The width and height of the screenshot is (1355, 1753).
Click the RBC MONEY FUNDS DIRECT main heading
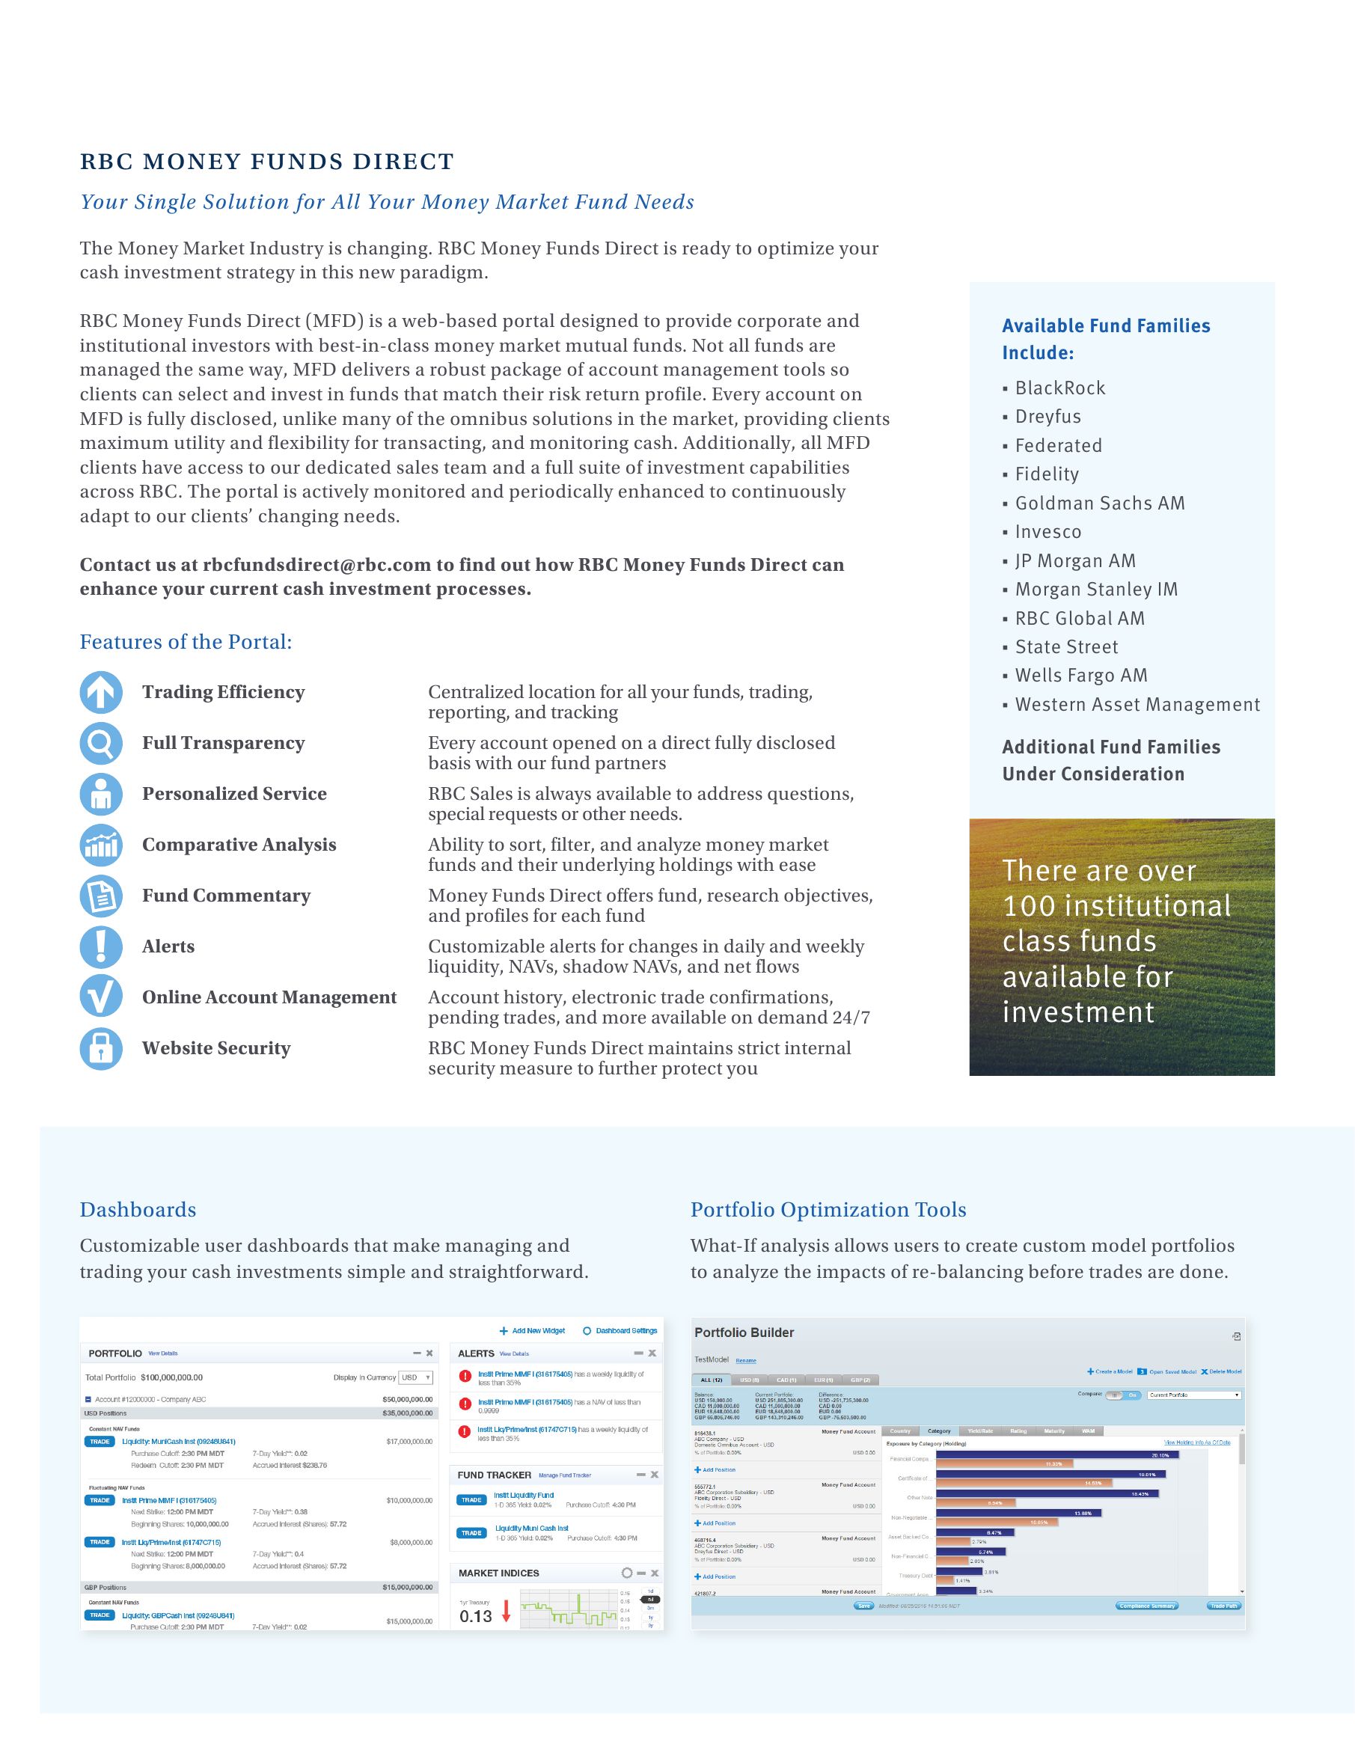pos(266,162)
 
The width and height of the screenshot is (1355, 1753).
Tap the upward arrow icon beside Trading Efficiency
pos(101,692)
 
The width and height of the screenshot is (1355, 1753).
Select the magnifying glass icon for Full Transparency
pos(101,743)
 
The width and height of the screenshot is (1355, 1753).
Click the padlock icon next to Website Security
pos(101,1048)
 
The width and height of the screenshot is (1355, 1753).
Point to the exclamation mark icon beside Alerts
pos(101,946)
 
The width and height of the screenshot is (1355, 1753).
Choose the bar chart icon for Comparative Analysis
pos(101,845)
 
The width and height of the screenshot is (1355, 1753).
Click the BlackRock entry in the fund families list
pos(1059,388)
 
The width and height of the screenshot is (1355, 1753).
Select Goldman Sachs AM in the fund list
pos(1099,504)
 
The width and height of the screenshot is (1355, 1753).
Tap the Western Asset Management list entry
pos(1137,705)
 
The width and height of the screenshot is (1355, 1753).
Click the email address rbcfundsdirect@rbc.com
pos(317,565)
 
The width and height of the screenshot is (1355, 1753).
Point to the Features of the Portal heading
pos(186,642)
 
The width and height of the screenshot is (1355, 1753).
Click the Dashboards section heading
pos(138,1210)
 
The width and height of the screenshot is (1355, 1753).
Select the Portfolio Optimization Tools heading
pos(828,1210)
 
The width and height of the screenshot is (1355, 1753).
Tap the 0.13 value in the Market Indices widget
pos(475,1617)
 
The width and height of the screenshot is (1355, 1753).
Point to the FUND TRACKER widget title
pos(494,1475)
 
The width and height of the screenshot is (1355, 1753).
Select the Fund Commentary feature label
pos(227,896)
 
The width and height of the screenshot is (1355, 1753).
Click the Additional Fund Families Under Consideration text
pos(1110,760)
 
